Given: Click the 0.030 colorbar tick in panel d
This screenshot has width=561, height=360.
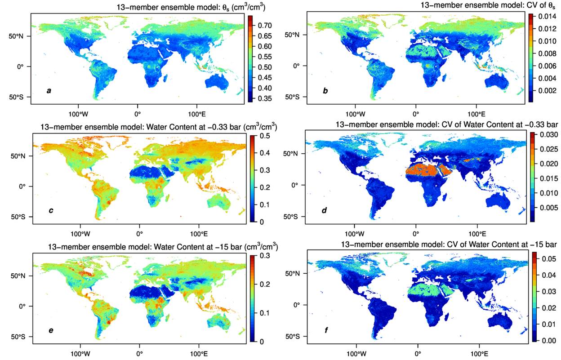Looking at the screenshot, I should pyautogui.click(x=549, y=135).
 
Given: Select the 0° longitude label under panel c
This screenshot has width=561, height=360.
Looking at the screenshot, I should pyautogui.click(x=139, y=233).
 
